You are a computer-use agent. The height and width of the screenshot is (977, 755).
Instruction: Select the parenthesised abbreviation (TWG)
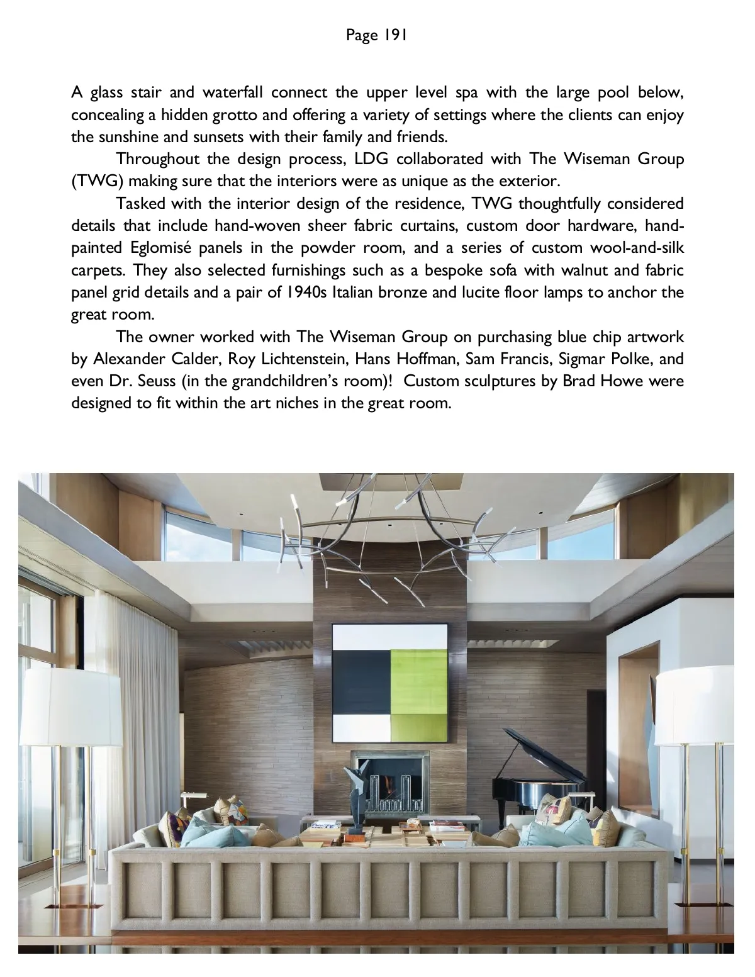tap(95, 181)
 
